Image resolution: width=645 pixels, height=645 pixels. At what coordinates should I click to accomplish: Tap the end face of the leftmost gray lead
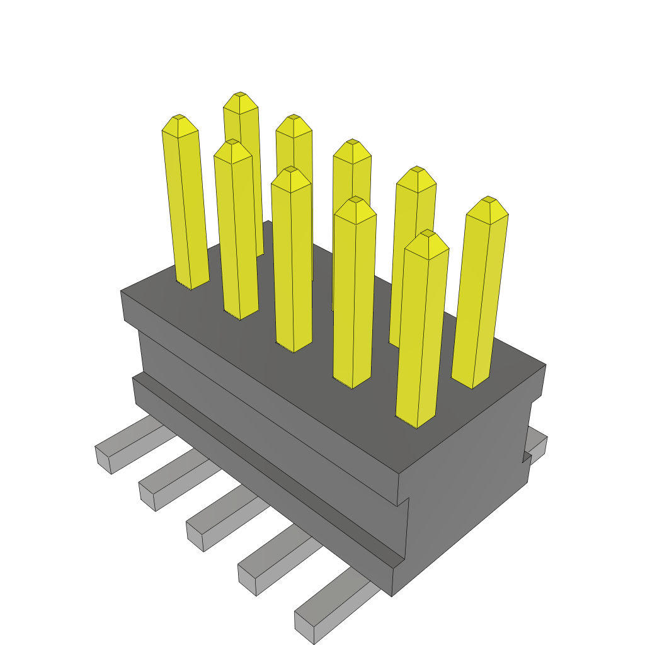[x=103, y=459]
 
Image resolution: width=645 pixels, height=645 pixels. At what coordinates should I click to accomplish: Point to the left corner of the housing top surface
[x=122, y=292]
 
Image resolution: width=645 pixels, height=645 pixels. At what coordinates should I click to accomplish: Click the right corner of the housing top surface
[x=545, y=365]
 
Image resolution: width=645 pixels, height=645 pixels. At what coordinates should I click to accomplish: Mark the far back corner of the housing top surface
[x=269, y=221]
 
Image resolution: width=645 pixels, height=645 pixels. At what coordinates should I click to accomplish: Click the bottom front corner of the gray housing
[x=392, y=595]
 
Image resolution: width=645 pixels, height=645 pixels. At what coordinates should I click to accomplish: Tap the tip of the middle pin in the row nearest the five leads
[x=290, y=169]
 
